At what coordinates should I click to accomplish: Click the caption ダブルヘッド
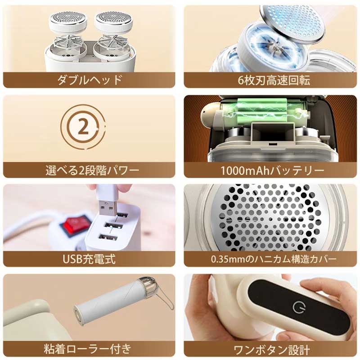click(x=89, y=80)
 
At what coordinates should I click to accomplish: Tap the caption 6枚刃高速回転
click(x=274, y=81)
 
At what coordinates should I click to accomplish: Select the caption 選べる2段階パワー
click(x=92, y=171)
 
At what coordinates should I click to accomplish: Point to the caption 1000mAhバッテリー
click(x=272, y=171)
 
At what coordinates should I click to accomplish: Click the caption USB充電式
click(x=89, y=259)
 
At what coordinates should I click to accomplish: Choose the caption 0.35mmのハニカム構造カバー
click(x=274, y=259)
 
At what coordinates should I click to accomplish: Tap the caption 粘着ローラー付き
click(x=87, y=349)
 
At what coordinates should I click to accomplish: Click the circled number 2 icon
click(x=83, y=126)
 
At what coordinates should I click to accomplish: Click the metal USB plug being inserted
click(x=108, y=208)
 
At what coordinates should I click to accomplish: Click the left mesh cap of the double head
click(x=68, y=21)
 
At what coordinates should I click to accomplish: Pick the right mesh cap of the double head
click(x=114, y=21)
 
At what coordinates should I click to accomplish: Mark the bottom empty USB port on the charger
click(x=108, y=238)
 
